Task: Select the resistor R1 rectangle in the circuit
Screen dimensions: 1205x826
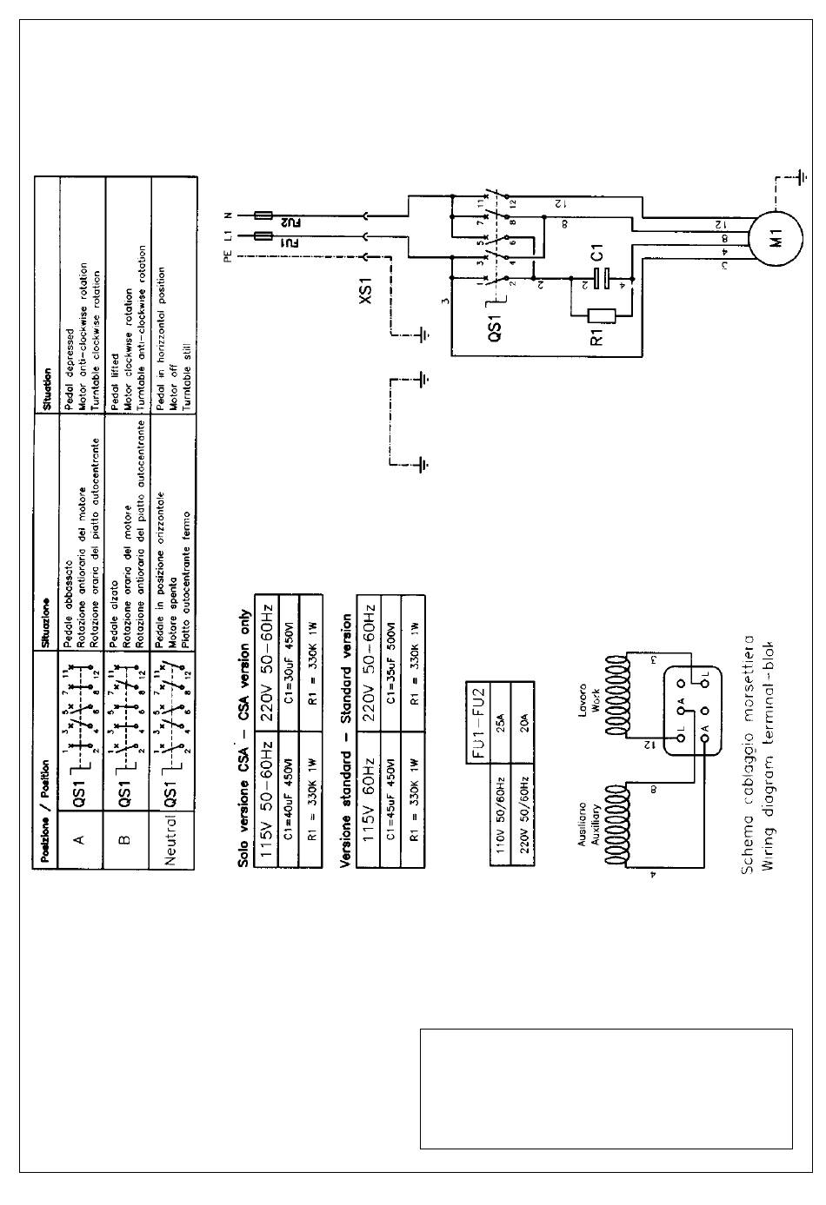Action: pos(603,316)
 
